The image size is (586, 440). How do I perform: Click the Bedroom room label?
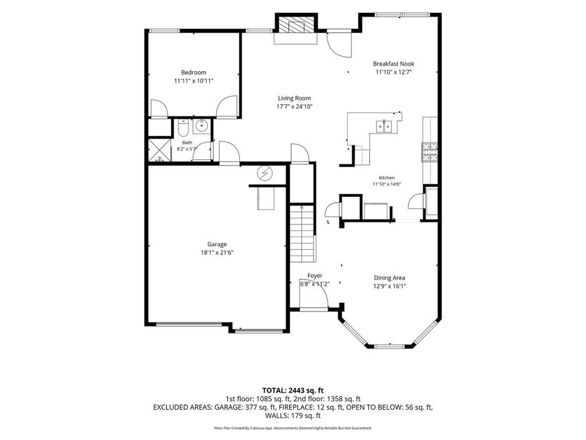(193, 72)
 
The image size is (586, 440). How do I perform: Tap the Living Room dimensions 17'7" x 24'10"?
(294, 107)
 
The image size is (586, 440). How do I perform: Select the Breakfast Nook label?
(394, 64)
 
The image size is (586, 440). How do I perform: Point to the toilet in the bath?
(183, 128)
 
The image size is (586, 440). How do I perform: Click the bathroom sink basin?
(202, 126)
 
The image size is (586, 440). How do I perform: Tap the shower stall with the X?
(160, 150)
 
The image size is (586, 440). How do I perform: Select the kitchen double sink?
(384, 126)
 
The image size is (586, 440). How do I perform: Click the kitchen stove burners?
(430, 152)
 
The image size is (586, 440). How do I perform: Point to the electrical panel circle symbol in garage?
(265, 174)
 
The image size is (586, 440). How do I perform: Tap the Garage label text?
(217, 245)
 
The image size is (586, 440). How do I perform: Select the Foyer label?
(315, 276)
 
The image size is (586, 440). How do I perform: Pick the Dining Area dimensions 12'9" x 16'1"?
(390, 286)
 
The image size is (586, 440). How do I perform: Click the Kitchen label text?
(387, 178)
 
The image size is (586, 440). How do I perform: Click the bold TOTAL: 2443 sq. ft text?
(293, 391)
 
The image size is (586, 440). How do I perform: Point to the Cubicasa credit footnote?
(293, 427)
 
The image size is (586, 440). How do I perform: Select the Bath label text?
(187, 143)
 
